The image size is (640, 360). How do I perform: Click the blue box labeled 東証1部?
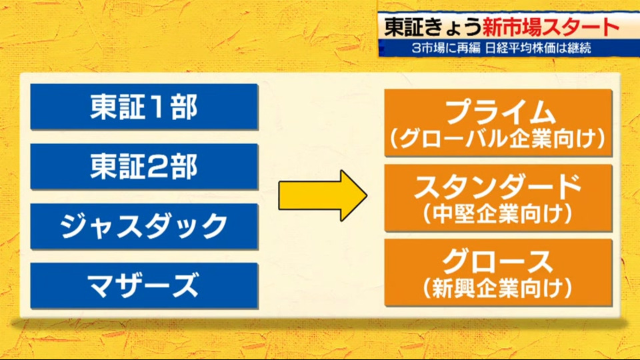coord(144,107)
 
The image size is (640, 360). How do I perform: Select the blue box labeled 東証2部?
coord(144,167)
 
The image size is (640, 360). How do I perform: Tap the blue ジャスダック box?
coord(144,226)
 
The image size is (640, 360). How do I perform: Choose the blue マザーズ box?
coord(144,285)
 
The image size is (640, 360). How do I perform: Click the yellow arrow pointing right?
coord(323,196)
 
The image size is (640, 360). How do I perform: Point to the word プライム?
coord(500,111)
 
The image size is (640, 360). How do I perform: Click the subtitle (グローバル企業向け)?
coord(498,139)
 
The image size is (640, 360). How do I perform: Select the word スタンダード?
coord(498,187)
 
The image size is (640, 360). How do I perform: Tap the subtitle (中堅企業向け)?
coord(498,214)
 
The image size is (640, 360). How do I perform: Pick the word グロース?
coord(497,261)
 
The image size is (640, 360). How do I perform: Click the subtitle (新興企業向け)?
coord(498,288)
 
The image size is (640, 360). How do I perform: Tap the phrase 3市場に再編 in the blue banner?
coord(446,49)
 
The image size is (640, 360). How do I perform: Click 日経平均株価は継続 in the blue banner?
coord(538,49)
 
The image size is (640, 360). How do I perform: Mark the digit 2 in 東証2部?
coord(157,167)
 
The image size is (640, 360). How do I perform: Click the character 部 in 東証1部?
coord(184,107)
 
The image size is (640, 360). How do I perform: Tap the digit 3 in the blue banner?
coord(416,49)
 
